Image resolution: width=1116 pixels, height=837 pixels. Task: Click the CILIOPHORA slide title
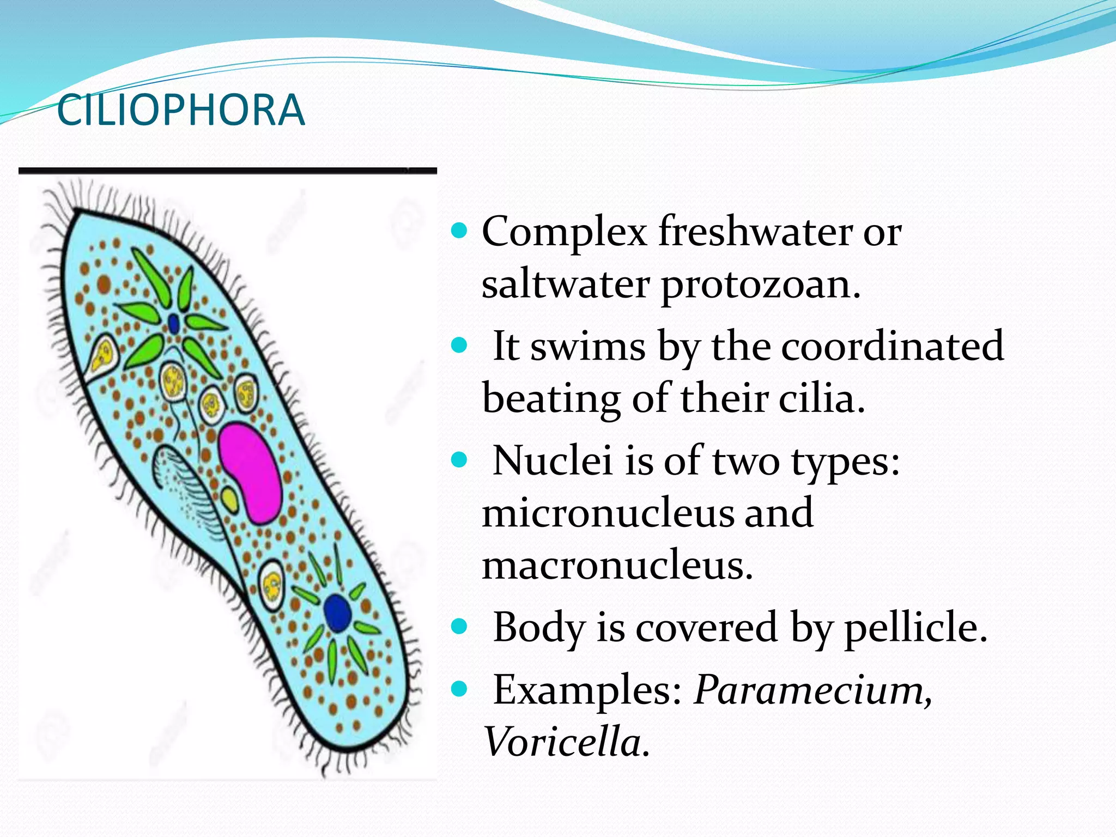180,111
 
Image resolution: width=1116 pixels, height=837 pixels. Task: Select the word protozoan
760,286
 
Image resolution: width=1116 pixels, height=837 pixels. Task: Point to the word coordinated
892,346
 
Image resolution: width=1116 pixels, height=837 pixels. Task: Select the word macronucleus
617,566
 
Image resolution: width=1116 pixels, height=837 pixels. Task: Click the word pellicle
915,628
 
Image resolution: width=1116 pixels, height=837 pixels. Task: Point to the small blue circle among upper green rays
174,324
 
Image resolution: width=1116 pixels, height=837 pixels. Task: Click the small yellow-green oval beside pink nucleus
230,500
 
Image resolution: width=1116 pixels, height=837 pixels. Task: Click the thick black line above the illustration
227,171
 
